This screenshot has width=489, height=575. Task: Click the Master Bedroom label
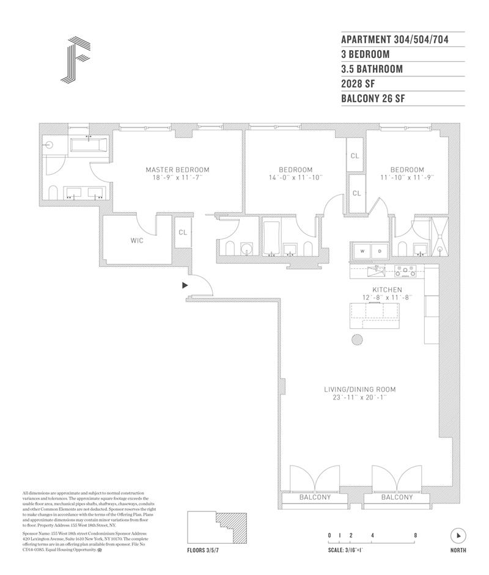click(x=177, y=169)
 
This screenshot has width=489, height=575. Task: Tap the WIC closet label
click(x=137, y=241)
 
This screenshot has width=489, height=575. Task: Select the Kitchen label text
click(x=388, y=289)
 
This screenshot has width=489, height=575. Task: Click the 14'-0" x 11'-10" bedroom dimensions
click(x=296, y=178)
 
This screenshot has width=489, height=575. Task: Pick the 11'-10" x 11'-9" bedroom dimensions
click(x=407, y=178)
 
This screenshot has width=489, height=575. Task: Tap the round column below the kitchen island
click(x=357, y=340)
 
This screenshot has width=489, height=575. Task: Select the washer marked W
click(x=361, y=251)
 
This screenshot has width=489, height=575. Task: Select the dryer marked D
click(x=378, y=251)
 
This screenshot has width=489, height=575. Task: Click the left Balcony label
click(x=315, y=497)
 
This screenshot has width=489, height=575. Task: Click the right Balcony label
click(x=397, y=497)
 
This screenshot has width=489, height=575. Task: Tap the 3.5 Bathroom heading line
click(x=372, y=69)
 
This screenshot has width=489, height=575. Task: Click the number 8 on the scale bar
click(x=416, y=535)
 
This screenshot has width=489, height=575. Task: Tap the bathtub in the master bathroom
click(x=89, y=145)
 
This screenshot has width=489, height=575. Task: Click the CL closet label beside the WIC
click(x=183, y=232)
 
